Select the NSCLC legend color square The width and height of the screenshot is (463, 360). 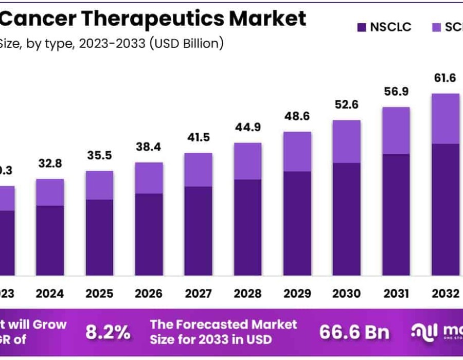tap(362, 27)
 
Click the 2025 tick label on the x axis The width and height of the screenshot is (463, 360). tap(99, 294)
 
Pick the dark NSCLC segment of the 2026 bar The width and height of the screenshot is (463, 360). tap(149, 235)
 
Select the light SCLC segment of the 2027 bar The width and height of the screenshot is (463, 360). tap(198, 169)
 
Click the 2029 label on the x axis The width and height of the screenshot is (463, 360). tap(297, 294)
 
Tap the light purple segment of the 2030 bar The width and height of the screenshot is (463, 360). tap(346, 141)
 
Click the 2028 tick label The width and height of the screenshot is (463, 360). tap(247, 294)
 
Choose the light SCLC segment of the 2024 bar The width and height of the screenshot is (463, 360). tap(50, 192)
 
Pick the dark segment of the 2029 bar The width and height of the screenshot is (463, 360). tap(297, 224)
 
